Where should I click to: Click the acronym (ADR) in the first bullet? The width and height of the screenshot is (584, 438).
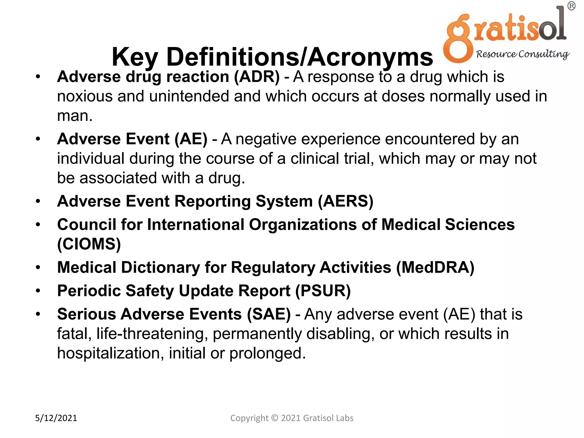click(x=257, y=77)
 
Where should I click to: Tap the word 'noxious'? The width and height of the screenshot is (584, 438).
click(x=85, y=96)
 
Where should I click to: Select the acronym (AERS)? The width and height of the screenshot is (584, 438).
click(x=346, y=201)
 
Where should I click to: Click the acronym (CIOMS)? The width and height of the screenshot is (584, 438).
click(x=89, y=244)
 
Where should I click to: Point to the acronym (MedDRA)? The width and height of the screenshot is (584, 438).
click(x=435, y=267)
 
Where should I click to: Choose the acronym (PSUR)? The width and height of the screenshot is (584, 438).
click(x=323, y=291)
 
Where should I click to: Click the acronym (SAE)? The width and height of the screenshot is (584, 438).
click(x=269, y=314)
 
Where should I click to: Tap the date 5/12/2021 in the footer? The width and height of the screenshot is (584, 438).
click(x=56, y=418)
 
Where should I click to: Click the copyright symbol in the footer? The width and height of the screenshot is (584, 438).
click(x=274, y=418)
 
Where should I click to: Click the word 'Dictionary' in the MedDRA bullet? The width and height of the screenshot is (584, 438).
click(x=161, y=267)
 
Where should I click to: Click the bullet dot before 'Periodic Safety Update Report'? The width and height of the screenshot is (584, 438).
click(x=38, y=291)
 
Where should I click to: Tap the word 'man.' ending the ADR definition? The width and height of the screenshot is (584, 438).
click(x=75, y=116)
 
